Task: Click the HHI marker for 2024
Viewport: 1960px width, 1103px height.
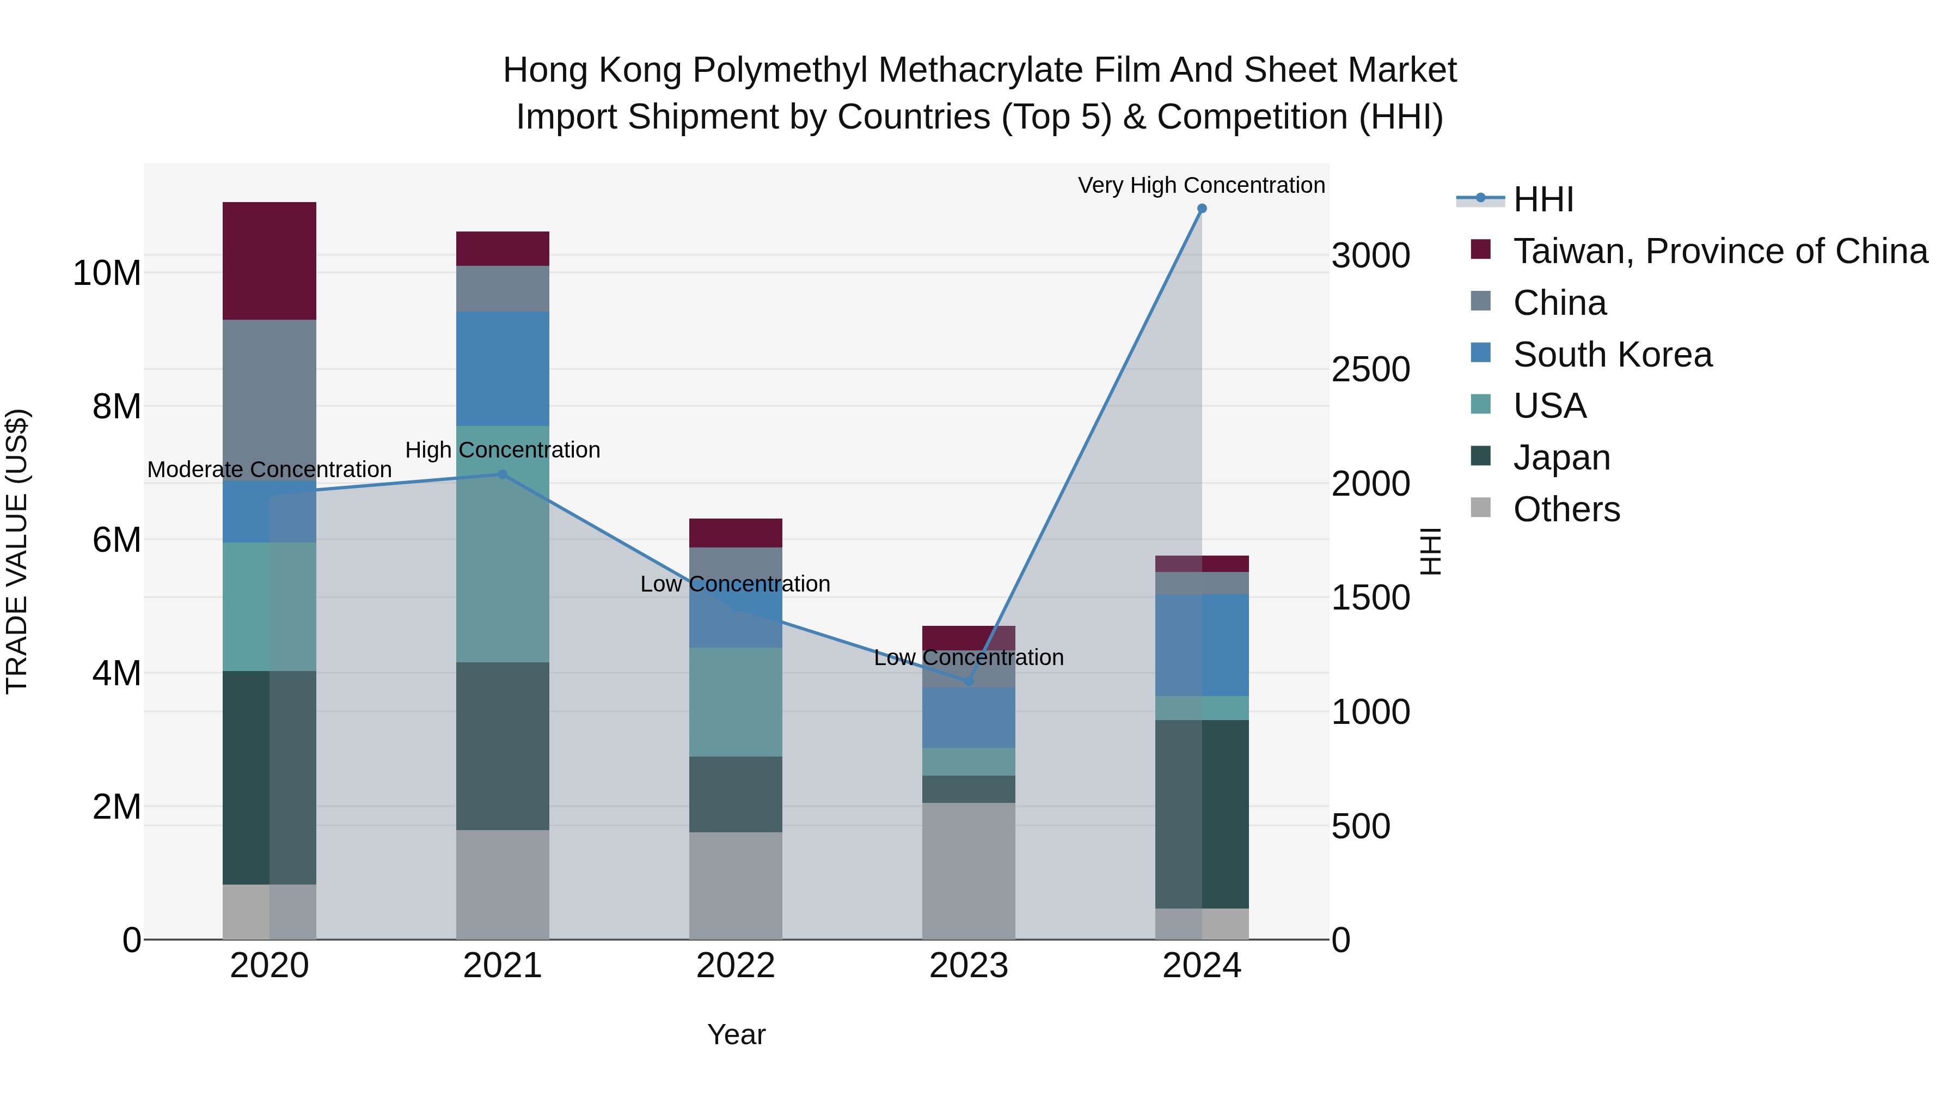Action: point(1202,209)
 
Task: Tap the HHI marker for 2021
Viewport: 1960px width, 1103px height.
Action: point(502,474)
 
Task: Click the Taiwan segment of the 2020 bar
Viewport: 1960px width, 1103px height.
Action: point(269,260)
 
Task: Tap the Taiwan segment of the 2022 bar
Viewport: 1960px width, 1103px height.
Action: point(735,533)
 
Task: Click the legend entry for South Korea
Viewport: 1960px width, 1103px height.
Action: point(1612,355)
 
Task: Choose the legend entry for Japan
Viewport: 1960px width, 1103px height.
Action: point(1561,458)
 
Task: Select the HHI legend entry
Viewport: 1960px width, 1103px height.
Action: point(1542,199)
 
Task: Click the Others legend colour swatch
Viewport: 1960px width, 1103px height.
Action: point(1481,508)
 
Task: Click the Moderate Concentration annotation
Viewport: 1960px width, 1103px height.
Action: point(269,470)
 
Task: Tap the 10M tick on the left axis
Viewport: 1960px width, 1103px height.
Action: point(107,273)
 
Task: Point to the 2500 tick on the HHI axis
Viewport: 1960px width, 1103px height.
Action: point(1370,369)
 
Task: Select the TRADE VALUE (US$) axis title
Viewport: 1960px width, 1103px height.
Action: point(17,551)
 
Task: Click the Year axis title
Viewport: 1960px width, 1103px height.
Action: point(736,1034)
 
